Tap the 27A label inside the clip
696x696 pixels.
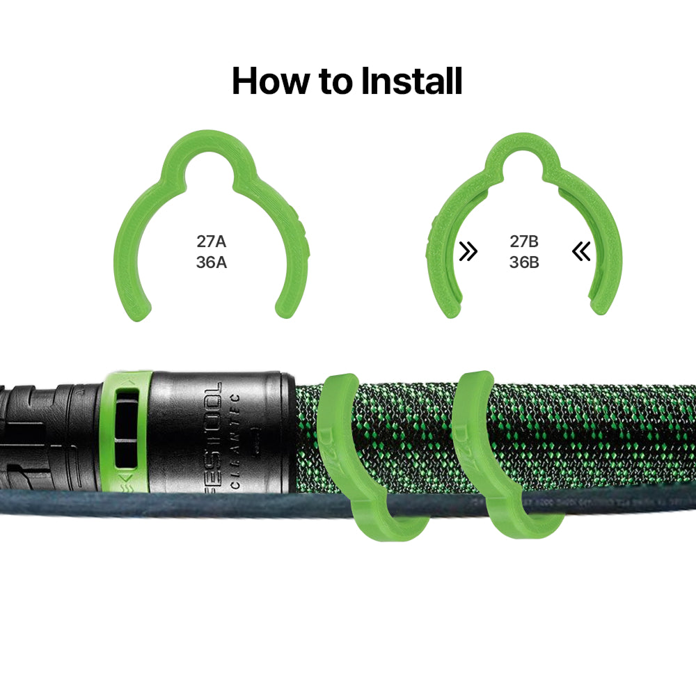coord(212,242)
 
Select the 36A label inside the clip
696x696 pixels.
coord(212,263)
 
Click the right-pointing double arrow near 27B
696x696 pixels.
coord(469,251)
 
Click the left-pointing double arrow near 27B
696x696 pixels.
coord(581,251)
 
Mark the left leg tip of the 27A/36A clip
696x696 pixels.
coord(140,310)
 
